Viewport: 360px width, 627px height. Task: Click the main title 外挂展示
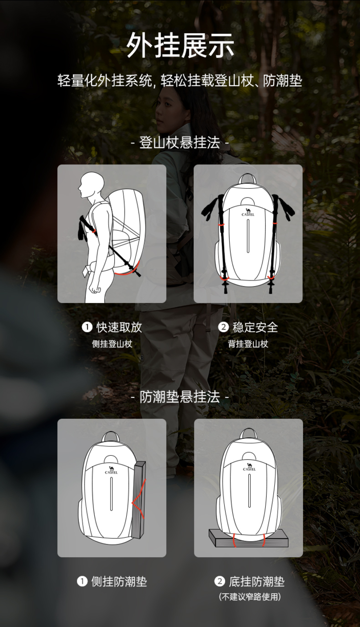click(x=180, y=45)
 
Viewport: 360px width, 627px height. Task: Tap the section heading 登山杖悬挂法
click(x=179, y=143)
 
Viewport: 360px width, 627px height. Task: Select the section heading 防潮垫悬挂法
click(x=179, y=397)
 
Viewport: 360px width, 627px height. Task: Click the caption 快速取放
click(x=119, y=327)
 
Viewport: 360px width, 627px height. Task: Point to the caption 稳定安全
click(x=255, y=327)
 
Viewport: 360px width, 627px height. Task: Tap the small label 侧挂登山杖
click(x=112, y=344)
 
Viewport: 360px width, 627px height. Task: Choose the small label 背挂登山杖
click(x=248, y=344)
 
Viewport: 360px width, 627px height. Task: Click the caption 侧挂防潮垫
click(x=119, y=582)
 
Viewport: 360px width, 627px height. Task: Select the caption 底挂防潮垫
click(x=257, y=582)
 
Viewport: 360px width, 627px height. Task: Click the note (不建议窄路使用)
click(x=250, y=597)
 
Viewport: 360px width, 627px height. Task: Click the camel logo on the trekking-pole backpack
click(x=248, y=212)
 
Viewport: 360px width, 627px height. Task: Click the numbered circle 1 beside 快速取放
click(x=87, y=327)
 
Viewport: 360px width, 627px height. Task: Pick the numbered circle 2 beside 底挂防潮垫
click(x=219, y=582)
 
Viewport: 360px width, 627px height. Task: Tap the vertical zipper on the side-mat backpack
click(x=111, y=494)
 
